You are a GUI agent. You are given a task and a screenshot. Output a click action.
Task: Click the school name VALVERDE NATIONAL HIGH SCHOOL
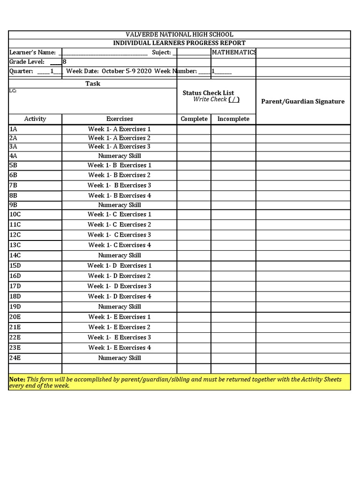(x=179, y=35)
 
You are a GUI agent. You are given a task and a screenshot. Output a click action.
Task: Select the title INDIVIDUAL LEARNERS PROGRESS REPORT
(x=179, y=43)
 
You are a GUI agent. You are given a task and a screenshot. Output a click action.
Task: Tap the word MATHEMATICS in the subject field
(x=233, y=52)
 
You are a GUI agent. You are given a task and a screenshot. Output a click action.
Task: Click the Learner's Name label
(x=32, y=52)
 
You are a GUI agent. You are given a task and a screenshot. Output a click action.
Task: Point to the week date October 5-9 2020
(x=126, y=71)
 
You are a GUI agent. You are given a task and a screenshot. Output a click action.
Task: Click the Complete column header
(x=194, y=119)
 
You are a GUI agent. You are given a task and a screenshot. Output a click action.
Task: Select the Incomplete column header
(x=233, y=119)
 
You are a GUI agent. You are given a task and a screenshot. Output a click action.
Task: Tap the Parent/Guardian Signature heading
(x=302, y=102)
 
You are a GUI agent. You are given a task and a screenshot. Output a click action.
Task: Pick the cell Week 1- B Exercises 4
(x=119, y=196)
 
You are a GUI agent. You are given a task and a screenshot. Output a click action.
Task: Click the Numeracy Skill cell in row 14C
(x=119, y=255)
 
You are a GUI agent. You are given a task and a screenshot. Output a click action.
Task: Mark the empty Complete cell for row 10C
(x=194, y=215)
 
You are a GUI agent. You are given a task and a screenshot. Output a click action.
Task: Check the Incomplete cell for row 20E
(x=233, y=317)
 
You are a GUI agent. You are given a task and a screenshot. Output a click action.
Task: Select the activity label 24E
(x=15, y=358)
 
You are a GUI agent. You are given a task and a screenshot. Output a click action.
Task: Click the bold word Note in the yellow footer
(x=17, y=379)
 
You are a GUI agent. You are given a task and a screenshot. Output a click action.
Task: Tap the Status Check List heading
(x=208, y=93)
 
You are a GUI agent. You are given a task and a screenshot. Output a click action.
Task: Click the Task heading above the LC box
(x=92, y=83)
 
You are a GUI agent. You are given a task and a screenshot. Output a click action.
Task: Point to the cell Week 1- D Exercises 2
(x=119, y=276)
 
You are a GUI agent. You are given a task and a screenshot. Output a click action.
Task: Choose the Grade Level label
(x=27, y=62)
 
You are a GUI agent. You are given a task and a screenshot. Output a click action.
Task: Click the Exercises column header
(x=119, y=119)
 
